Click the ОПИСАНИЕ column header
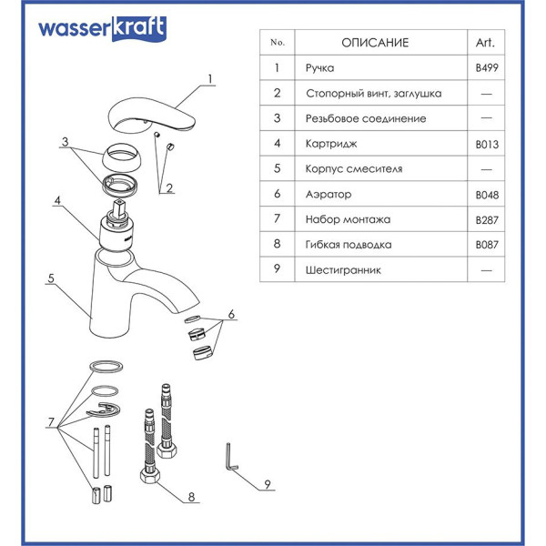coord(375,43)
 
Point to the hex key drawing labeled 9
coord(228,457)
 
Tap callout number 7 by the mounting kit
coord(51,422)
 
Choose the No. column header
coord(278,43)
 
